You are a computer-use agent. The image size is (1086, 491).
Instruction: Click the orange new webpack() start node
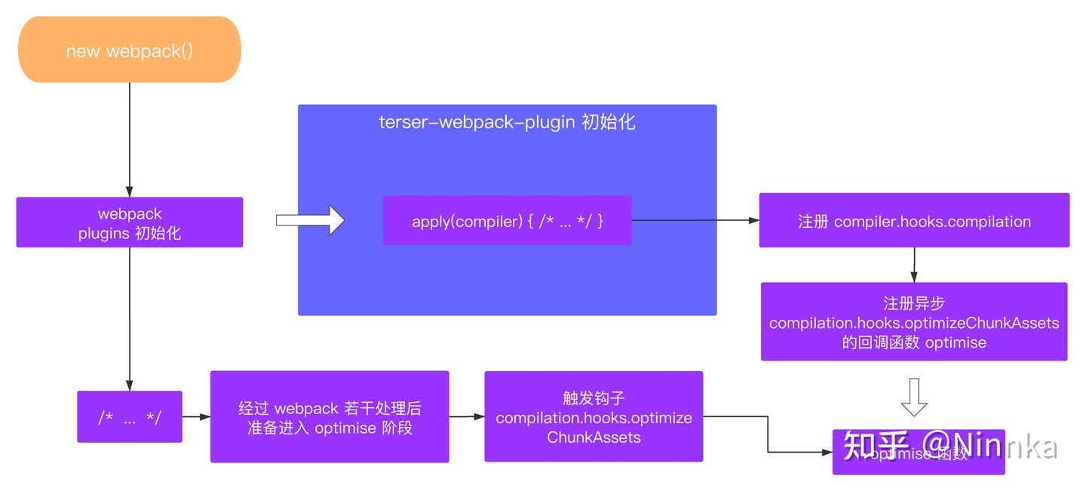129,50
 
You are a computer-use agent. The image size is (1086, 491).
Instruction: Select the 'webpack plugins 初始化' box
129,222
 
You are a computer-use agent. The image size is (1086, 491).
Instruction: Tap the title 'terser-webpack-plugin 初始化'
507,122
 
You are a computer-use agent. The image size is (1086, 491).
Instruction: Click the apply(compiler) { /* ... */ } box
507,220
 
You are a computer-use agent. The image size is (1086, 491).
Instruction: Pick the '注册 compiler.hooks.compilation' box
914,220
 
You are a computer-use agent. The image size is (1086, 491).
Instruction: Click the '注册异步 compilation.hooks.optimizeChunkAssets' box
914,322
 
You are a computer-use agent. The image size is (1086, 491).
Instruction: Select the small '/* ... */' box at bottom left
129,416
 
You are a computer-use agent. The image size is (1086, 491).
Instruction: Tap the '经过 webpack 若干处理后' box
330,416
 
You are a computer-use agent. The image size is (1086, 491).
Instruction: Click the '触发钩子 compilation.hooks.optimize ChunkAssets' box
594,416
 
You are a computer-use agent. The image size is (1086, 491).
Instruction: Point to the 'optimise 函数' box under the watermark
919,462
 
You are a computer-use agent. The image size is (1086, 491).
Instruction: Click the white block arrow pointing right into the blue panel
310,220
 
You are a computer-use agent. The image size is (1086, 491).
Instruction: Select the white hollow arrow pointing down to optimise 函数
914,397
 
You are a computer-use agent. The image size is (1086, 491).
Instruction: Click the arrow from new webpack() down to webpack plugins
129,140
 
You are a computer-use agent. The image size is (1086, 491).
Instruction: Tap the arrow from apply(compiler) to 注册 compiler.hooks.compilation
695,220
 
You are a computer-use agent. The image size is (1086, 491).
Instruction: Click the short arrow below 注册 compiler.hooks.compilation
914,265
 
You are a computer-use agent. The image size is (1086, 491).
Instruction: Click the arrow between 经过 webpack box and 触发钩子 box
467,416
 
